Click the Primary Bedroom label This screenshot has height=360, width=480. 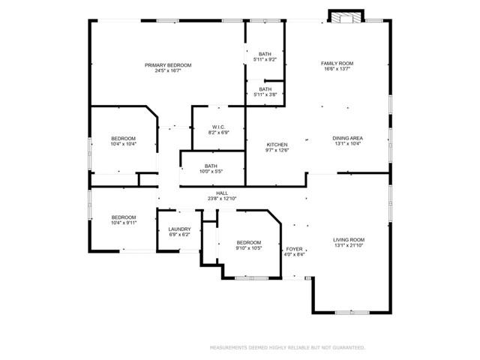168,65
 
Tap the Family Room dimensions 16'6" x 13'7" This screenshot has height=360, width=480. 337,69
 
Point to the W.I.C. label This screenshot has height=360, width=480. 218,127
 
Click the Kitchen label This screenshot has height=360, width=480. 277,145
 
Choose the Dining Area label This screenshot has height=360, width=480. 348,138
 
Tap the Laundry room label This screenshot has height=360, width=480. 180,229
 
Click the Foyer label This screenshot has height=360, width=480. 294,249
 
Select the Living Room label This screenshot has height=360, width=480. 349,240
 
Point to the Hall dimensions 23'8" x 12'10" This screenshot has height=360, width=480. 222,198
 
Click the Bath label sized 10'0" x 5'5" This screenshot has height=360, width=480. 211,166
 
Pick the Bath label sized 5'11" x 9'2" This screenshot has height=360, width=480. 265,54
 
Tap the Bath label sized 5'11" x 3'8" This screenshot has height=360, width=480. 265,89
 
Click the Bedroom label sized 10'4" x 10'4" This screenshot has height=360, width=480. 123,138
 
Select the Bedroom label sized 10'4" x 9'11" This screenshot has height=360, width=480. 124,217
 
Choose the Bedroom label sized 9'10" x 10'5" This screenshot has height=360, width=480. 248,242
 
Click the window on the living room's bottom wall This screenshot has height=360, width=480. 352,313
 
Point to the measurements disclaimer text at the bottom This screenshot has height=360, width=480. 287,347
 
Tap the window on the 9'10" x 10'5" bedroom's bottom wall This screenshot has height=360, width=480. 252,278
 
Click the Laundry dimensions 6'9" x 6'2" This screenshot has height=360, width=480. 180,235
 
